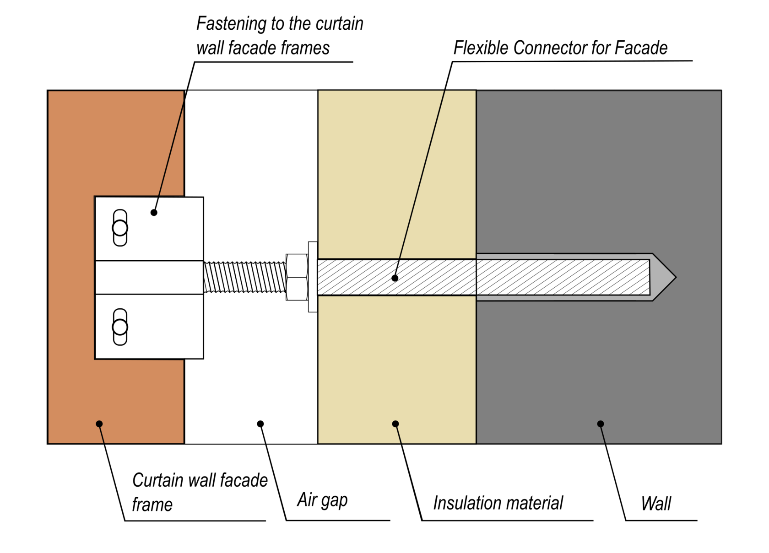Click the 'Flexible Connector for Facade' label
560,48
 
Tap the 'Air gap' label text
322,500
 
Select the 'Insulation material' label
498,503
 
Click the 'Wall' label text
655,504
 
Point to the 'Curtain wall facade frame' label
199,492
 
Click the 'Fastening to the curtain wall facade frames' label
279,36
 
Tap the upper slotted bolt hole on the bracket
120,228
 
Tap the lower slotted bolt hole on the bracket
120,327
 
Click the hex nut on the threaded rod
297,277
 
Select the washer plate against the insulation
313,277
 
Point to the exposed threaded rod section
244,277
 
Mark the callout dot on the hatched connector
395,278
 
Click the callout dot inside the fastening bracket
154,213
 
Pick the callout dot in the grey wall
601,424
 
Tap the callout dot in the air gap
260,424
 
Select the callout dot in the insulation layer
395,424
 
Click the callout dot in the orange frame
99,424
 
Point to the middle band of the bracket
149,278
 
